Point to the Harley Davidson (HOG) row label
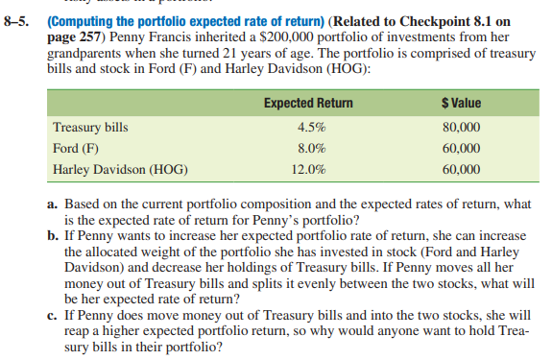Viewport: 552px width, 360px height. point(121,170)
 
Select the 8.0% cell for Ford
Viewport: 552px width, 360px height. point(312,149)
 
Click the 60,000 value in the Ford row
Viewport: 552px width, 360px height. point(462,149)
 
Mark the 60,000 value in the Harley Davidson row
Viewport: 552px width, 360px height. point(462,170)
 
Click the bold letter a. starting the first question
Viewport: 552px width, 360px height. point(55,203)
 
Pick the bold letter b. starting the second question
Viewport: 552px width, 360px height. point(55,232)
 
